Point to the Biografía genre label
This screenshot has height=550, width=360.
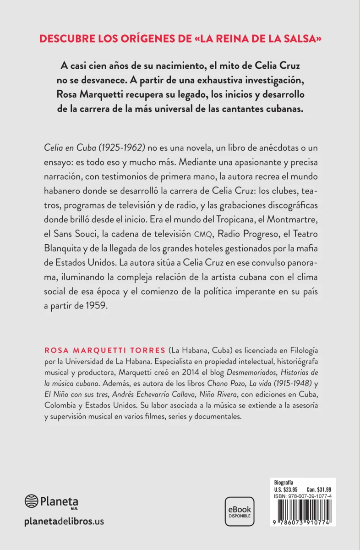[284, 482]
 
